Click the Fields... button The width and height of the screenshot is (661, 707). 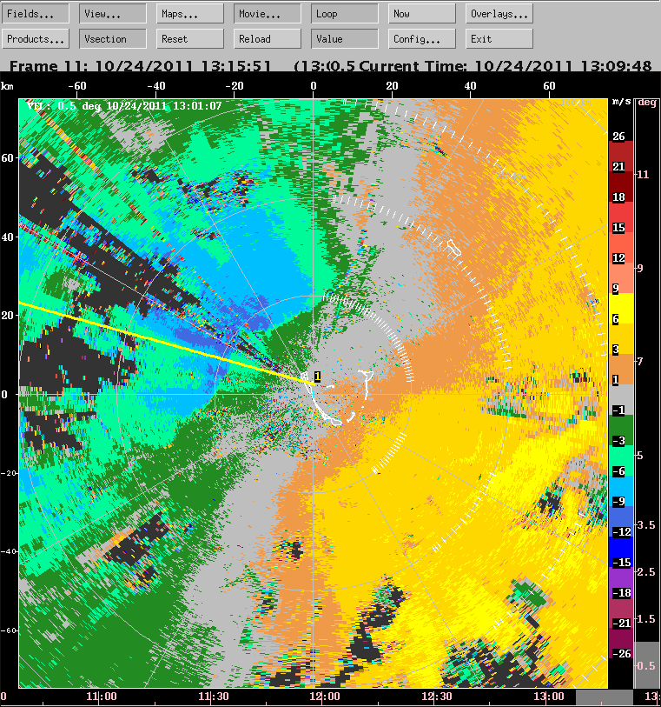pyautogui.click(x=36, y=14)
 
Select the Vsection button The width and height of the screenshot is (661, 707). pyautogui.click(x=113, y=39)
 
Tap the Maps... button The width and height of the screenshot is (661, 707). pyautogui.click(x=190, y=14)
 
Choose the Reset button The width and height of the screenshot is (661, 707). pyautogui.click(x=190, y=39)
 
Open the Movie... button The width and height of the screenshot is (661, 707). pyautogui.click(x=268, y=14)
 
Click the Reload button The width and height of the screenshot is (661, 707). pyautogui.click(x=268, y=39)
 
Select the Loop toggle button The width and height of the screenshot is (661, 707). pyautogui.click(x=345, y=14)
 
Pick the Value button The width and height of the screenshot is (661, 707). pyautogui.click(x=345, y=39)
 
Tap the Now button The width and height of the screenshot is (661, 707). pyautogui.click(x=422, y=14)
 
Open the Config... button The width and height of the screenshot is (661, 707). pyautogui.click(x=422, y=39)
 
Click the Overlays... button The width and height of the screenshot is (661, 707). pyautogui.click(x=499, y=14)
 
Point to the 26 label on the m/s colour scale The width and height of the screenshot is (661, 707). pyautogui.click(x=619, y=137)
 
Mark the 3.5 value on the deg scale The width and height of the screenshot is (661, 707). pyautogui.click(x=645, y=525)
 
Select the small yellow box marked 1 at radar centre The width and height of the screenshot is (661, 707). pyautogui.click(x=318, y=376)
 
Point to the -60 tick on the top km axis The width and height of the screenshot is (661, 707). pyautogui.click(x=78, y=86)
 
